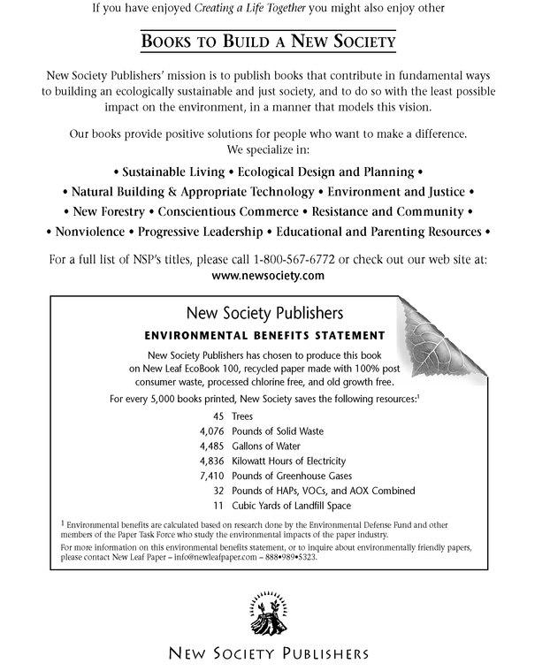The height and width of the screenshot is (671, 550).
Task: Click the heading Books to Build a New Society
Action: (x=268, y=42)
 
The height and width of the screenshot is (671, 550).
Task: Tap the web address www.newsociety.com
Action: (x=270, y=276)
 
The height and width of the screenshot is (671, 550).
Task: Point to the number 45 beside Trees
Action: (x=218, y=416)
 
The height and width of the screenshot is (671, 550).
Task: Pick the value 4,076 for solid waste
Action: (x=212, y=431)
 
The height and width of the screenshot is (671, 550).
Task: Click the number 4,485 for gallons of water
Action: (x=212, y=446)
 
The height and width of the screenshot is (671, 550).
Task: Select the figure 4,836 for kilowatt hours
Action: (x=212, y=461)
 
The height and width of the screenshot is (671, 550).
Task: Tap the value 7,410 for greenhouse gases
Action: (x=212, y=476)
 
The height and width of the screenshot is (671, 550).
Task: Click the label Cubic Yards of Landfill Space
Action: (x=291, y=506)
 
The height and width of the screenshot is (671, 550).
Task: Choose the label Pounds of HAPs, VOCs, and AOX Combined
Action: (x=323, y=491)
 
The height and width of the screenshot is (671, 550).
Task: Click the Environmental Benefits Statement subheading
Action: (x=264, y=336)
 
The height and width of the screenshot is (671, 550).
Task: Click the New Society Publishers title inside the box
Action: (x=264, y=313)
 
